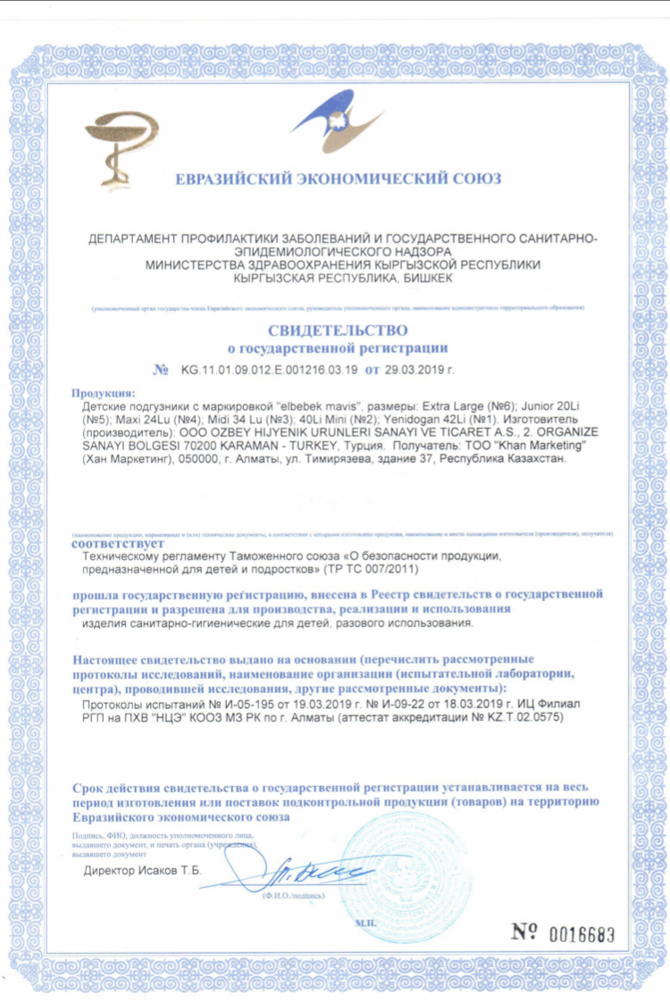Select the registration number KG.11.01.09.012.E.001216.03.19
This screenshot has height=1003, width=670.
tap(269, 370)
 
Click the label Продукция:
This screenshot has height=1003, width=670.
tap(104, 393)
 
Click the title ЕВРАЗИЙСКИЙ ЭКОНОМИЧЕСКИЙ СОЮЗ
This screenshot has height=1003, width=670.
tap(338, 179)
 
